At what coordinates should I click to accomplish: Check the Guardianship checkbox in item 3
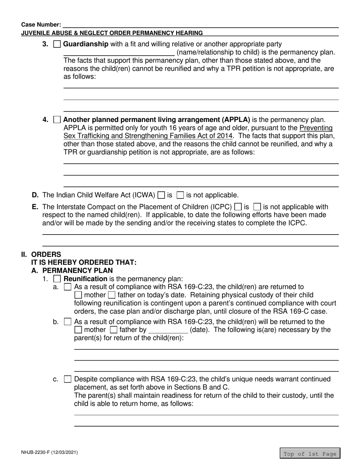(57, 44)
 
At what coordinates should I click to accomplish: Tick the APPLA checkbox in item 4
(57, 120)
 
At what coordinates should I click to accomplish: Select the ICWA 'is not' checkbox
(181, 195)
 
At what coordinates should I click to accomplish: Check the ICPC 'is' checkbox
(238, 207)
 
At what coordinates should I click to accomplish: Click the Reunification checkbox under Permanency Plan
(57, 279)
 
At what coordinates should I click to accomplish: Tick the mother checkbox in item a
(78, 295)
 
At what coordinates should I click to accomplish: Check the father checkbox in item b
(113, 330)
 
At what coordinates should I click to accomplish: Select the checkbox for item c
(67, 379)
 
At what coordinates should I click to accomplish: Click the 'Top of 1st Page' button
(310, 454)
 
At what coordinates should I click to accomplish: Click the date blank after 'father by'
(168, 330)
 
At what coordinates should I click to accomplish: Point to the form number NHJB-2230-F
(50, 452)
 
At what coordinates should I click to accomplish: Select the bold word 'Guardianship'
(86, 44)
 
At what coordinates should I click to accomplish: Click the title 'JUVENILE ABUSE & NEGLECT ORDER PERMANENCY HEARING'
(112, 33)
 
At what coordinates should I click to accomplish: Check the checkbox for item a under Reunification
(67, 287)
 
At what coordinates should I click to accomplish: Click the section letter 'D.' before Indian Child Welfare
(35, 195)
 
